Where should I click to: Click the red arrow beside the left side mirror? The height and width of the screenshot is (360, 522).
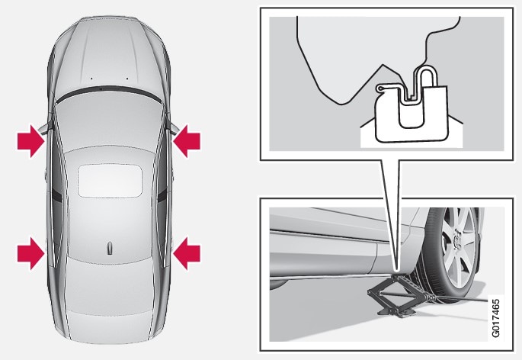pos(30,141)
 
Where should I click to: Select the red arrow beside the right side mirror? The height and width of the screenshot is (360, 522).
pos(187,141)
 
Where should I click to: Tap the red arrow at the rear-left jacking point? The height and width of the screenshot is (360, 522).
pos(30,253)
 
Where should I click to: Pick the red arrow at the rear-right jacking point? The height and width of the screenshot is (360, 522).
pos(187,253)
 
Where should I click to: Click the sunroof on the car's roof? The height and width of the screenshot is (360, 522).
pos(110,180)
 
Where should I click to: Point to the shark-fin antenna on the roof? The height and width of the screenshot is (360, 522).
pos(110,249)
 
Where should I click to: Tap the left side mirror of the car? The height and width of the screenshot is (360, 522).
pos(44,127)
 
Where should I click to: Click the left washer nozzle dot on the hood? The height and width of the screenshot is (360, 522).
pos(91,79)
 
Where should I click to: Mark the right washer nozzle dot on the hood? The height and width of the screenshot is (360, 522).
pos(126,79)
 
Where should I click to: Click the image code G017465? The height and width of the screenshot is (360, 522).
pos(495,318)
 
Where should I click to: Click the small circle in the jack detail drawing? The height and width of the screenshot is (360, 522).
pos(380,88)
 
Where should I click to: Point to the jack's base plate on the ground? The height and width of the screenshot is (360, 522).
pos(397,312)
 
